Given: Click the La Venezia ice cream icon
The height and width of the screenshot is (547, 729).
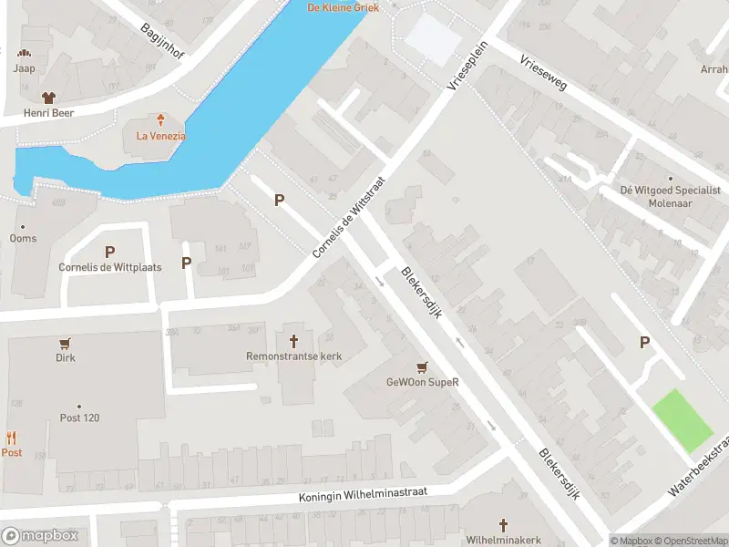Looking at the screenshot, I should pyautogui.click(x=160, y=119).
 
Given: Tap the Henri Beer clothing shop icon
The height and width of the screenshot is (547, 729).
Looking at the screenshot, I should pyautogui.click(x=49, y=97).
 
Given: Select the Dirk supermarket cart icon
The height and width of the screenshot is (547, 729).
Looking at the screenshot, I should pyautogui.click(x=65, y=344).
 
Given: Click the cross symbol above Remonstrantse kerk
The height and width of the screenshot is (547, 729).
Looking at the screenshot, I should pyautogui.click(x=293, y=341).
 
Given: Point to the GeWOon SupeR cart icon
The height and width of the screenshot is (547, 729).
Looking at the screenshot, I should pyautogui.click(x=421, y=367).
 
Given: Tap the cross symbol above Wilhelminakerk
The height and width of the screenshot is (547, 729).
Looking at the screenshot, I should pyautogui.click(x=504, y=525).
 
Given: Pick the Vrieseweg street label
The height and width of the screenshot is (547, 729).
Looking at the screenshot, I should pyautogui.click(x=543, y=75).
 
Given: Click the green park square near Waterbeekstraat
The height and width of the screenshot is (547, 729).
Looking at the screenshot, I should pyautogui.click(x=681, y=419).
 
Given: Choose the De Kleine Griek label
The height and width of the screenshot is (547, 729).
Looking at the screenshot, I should pyautogui.click(x=344, y=7).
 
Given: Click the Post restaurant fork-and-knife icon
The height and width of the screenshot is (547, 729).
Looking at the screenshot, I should pyautogui.click(x=11, y=438).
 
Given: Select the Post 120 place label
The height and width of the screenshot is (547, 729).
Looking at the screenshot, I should pyautogui.click(x=79, y=418).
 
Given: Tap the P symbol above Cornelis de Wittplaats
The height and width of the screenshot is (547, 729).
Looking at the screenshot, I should pyautogui.click(x=109, y=252).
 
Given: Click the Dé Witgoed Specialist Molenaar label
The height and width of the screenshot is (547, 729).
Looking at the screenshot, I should pyautogui.click(x=670, y=195).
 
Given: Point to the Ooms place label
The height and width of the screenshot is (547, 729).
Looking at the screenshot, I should pyautogui.click(x=23, y=238).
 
